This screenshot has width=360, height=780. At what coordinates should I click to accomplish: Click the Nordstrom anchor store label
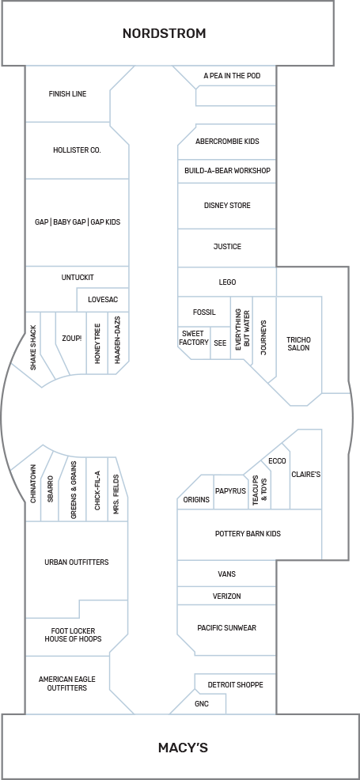(164, 33)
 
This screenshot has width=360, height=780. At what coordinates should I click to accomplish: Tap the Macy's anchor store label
(183, 748)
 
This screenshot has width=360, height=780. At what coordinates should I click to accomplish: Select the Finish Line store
(67, 94)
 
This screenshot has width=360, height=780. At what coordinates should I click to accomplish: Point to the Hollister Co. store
(77, 150)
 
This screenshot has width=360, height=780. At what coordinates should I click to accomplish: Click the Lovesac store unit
(103, 301)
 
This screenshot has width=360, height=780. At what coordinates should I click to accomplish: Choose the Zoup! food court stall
(72, 339)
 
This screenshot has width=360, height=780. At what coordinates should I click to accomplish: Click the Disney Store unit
(227, 206)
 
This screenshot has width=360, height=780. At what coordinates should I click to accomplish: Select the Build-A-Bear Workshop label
(227, 171)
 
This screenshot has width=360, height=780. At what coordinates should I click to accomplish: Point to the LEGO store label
(227, 282)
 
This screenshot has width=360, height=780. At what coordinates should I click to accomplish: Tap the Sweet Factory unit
(194, 338)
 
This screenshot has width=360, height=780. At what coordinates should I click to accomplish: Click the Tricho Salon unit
(298, 344)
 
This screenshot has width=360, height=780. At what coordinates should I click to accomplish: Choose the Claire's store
(305, 475)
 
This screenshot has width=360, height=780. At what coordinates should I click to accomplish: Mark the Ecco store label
(277, 461)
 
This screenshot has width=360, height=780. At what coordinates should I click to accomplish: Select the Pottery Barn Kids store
(248, 534)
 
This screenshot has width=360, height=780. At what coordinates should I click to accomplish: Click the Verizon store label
(227, 596)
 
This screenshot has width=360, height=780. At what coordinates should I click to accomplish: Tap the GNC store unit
(201, 702)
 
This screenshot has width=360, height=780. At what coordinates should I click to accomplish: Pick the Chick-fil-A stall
(97, 490)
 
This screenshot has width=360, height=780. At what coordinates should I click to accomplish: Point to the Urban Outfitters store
(77, 562)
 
